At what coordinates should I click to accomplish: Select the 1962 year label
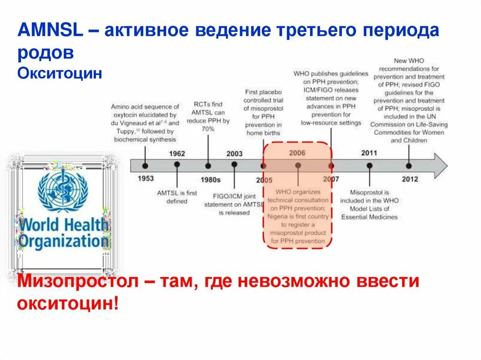pyautogui.click(x=177, y=153)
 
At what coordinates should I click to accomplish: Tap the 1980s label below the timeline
pyautogui.click(x=210, y=179)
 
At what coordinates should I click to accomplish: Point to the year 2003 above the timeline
pyautogui.click(x=234, y=153)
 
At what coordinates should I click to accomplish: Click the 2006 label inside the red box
pyautogui.click(x=297, y=153)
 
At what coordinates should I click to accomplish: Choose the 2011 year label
pyautogui.click(x=369, y=153)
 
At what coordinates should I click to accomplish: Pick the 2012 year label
pyautogui.click(x=409, y=179)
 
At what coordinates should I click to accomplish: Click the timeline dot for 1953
pyautogui.click(x=145, y=166)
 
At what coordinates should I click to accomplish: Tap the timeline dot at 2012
pyautogui.click(x=409, y=166)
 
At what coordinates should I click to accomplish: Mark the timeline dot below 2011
pyautogui.click(x=370, y=166)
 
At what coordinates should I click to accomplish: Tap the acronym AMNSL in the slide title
pyautogui.click(x=50, y=31)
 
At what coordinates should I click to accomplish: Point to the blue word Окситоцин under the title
pyautogui.click(x=60, y=74)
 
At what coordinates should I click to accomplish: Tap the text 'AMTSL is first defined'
pyautogui.click(x=177, y=197)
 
